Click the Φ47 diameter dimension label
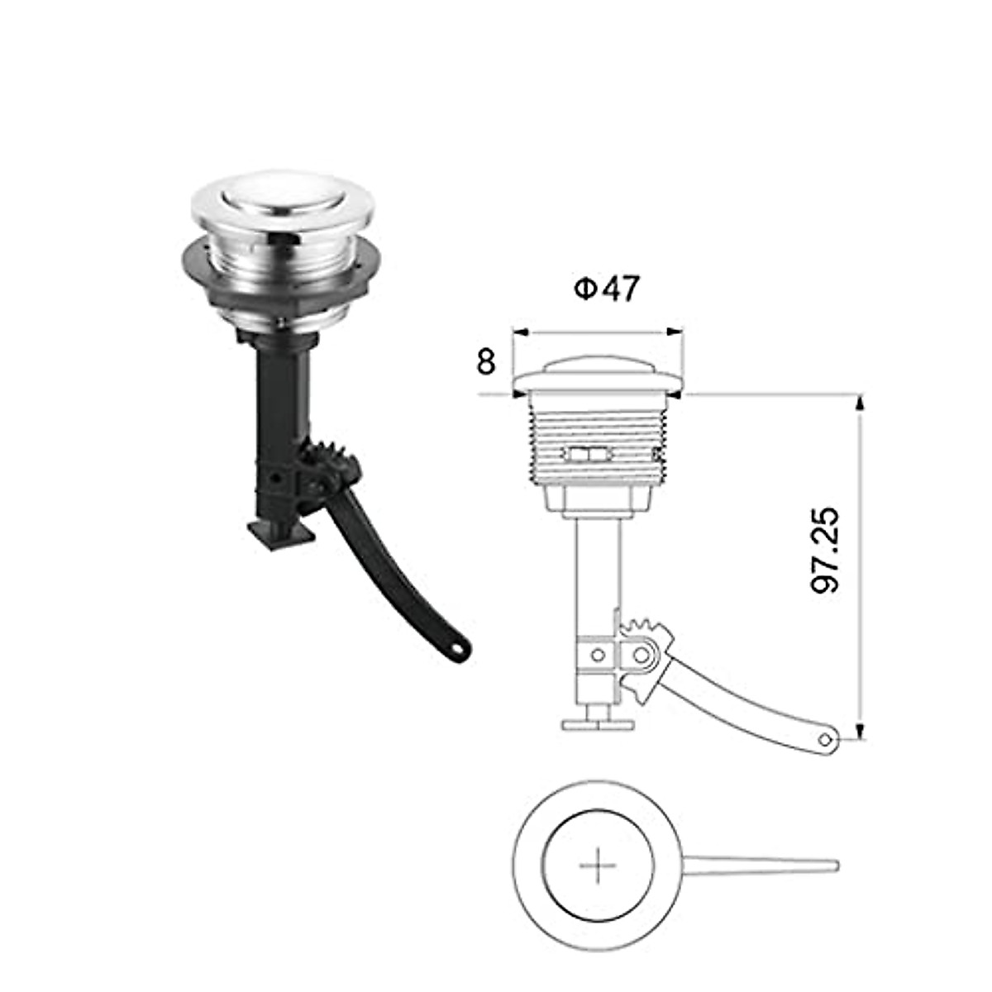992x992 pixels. point(607,289)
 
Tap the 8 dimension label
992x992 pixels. point(486,361)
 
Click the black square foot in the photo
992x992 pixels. point(281,533)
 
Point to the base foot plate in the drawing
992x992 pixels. point(598,725)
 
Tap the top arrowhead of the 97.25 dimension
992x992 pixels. point(861,402)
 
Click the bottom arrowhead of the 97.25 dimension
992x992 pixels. point(861,730)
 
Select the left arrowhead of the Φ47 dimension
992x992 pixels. point(520,332)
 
